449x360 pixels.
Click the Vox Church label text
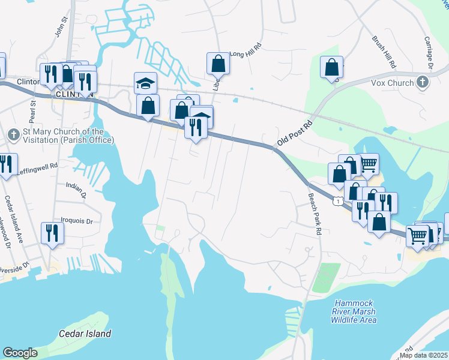(392, 83)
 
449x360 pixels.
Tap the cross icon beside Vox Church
(423, 82)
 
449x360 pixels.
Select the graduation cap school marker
(145, 83)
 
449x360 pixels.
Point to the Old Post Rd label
(295, 134)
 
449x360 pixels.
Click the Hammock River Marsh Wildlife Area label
(354, 311)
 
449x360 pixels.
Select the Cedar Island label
(85, 334)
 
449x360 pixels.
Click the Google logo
(20, 353)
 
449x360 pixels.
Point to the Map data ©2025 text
(424, 355)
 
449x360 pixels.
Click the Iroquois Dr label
(77, 221)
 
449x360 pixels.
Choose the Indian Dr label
(76, 191)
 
